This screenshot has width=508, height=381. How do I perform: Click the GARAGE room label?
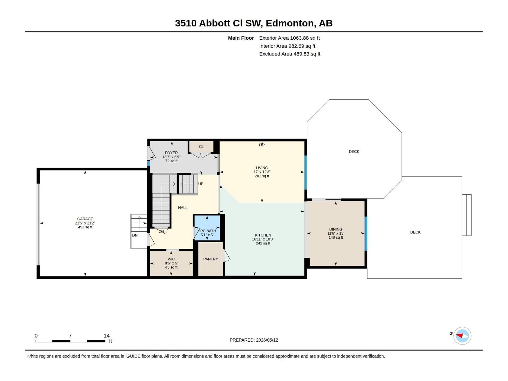point(85,219)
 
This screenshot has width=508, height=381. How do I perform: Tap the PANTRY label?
point(211,259)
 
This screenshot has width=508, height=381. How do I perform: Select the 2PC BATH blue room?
point(207,228)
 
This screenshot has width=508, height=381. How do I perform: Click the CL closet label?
point(201,147)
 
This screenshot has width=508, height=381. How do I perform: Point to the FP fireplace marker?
point(262,145)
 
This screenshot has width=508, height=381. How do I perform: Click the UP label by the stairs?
point(201,184)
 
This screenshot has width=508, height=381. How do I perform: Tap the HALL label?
point(183,208)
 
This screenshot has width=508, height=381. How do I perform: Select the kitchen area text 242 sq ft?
point(263,243)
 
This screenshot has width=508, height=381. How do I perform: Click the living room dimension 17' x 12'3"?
point(262,172)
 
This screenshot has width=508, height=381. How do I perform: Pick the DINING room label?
point(336,229)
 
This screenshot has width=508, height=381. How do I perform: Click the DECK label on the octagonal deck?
point(354,151)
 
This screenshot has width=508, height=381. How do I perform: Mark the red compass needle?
point(459,336)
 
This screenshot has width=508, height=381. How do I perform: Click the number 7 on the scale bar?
point(70,336)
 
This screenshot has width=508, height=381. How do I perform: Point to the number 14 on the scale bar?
point(106,336)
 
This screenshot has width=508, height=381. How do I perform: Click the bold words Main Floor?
point(241,38)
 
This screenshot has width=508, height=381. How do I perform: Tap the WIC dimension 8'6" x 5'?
point(171,263)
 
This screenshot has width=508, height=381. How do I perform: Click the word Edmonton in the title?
point(290,23)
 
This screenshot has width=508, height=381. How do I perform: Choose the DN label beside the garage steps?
point(135,236)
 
